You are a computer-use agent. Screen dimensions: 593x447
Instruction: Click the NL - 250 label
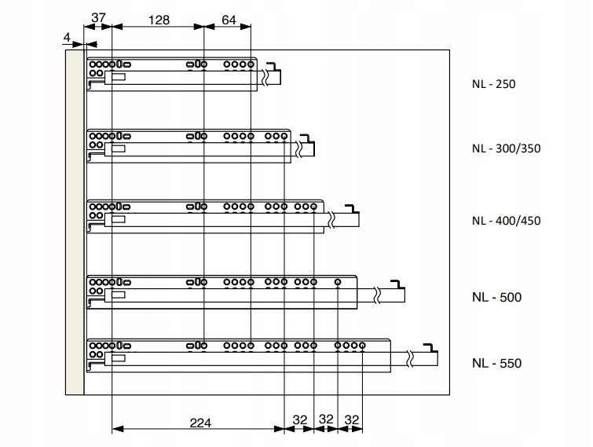(x=493, y=84)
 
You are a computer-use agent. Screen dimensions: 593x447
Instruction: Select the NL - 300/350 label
(x=506, y=148)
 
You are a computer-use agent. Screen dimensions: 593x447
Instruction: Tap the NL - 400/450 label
(x=506, y=221)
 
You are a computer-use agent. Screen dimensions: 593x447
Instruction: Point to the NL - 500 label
(x=496, y=297)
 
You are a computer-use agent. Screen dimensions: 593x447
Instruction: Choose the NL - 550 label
(x=496, y=363)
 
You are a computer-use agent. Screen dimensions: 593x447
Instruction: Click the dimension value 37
(x=98, y=18)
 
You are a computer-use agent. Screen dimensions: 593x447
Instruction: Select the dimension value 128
(x=159, y=20)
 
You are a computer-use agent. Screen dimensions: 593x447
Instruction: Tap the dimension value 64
(x=229, y=20)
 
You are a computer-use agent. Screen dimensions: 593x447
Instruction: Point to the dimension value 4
(x=67, y=38)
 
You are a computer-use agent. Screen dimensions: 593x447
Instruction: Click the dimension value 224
(x=200, y=423)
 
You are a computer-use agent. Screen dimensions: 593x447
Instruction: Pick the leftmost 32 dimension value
(x=300, y=420)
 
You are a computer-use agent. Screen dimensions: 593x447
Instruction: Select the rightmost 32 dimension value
(x=352, y=420)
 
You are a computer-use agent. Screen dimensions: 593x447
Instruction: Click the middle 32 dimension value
(x=326, y=419)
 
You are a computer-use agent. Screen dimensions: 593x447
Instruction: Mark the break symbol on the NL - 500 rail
(x=377, y=295)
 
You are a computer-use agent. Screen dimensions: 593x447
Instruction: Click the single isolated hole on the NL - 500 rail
(x=338, y=282)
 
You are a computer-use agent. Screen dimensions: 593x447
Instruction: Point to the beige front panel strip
(x=75, y=222)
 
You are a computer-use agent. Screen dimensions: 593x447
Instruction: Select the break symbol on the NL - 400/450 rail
(x=331, y=220)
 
